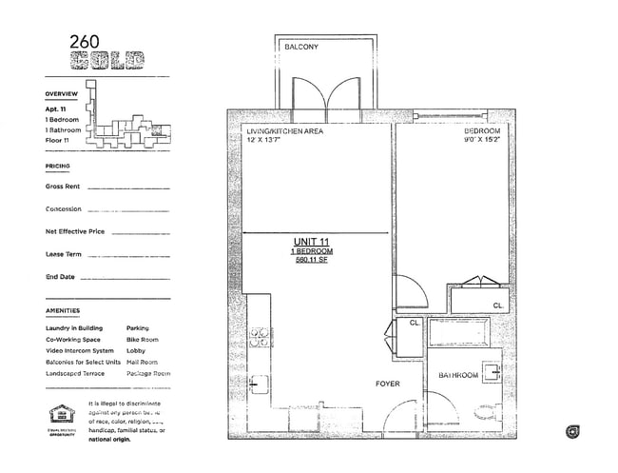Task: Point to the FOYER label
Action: [387, 384]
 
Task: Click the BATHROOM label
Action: [457, 376]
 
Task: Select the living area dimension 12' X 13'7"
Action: [272, 141]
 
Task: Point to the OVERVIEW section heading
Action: [63, 95]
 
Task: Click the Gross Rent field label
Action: [62, 186]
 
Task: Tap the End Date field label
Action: [60, 277]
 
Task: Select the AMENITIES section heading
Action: [63, 311]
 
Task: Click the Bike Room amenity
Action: [143, 340]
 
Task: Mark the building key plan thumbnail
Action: [124, 119]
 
